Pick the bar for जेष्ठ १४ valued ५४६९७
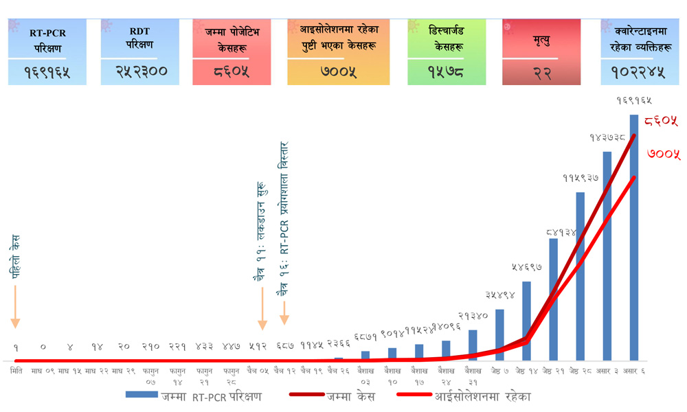click(526, 320)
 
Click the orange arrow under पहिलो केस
click(15, 306)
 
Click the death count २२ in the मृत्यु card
click(541, 73)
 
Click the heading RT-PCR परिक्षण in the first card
click(47, 41)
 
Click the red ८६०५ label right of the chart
click(662, 122)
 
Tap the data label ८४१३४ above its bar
click(561, 232)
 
